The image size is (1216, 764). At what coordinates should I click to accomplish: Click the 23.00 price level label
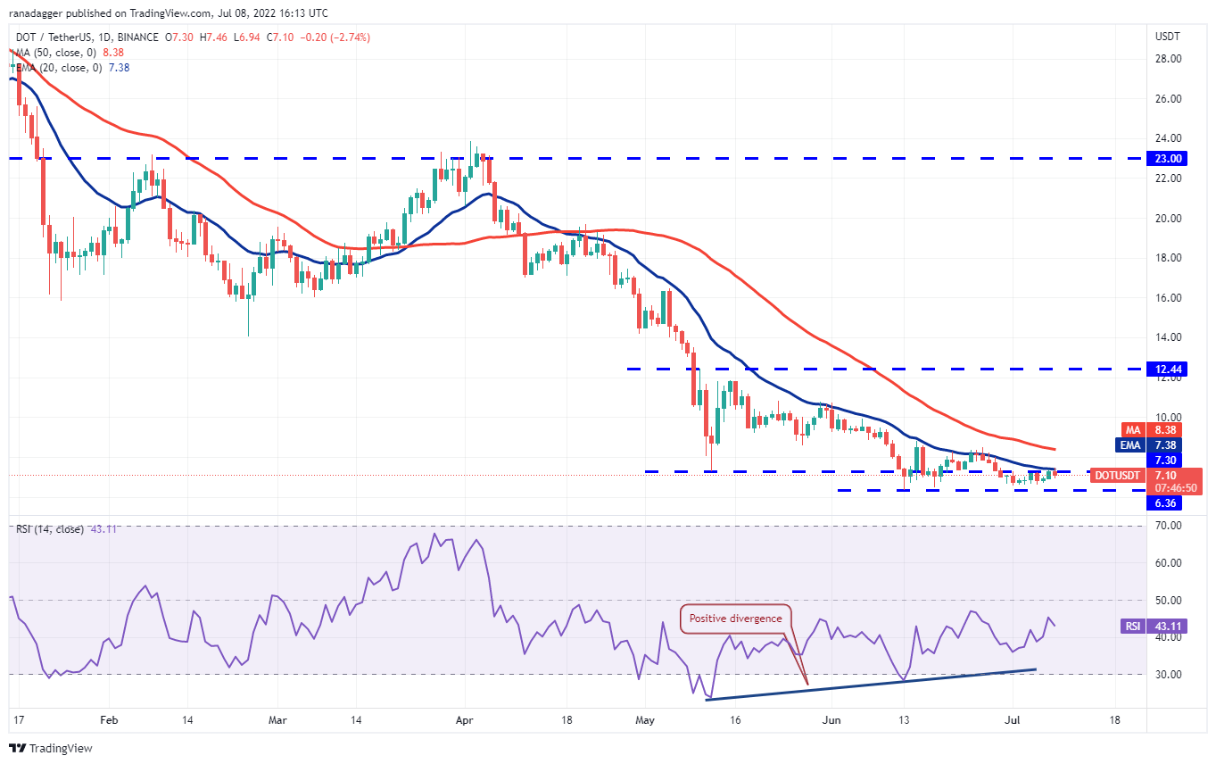(x=1168, y=158)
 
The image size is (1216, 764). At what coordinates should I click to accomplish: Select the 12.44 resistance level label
(x=1168, y=369)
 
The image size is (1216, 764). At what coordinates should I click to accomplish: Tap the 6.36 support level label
(x=1167, y=503)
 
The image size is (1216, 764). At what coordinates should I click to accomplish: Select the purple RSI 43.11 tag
(x=1133, y=627)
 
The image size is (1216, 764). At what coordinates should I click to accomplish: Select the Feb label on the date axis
(x=109, y=718)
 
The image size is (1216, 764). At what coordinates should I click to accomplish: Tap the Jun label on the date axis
(x=831, y=718)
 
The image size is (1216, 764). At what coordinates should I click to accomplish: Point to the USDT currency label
(x=1168, y=37)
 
